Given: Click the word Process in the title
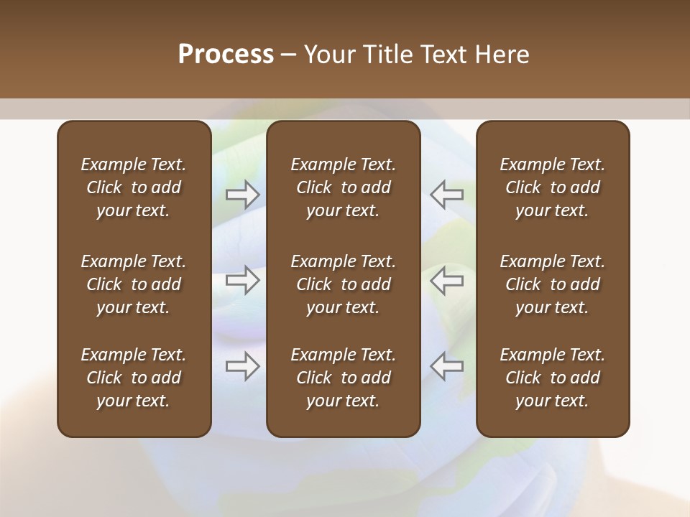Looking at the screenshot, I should tap(226, 55).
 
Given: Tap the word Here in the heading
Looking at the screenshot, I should tap(502, 55).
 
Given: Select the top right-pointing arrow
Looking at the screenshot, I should tap(243, 195).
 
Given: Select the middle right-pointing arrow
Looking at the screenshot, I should tap(243, 280).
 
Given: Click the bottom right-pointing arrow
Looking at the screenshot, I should tap(243, 366).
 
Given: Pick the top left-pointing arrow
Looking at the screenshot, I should tap(447, 195).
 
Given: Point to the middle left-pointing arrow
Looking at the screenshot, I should tap(447, 280).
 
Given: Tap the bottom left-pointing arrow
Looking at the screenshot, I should tap(447, 366).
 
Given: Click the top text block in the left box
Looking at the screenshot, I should tap(134, 187).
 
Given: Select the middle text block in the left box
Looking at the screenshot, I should tap(134, 284).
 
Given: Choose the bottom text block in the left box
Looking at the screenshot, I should tap(134, 378).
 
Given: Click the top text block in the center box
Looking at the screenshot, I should tap(343, 187).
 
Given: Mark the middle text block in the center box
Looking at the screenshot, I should tap(343, 284).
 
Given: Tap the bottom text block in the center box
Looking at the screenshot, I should tap(343, 378).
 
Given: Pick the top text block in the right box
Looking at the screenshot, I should tap(552, 187).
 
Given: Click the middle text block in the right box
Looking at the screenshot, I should tap(552, 284).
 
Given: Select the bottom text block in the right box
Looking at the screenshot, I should tap(552, 378).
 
